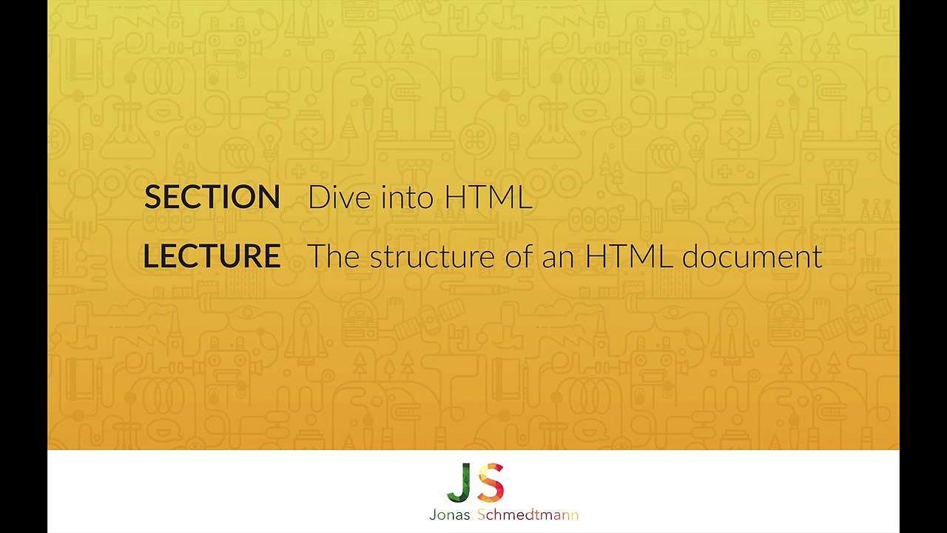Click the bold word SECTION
(x=212, y=197)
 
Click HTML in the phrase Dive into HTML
(x=488, y=197)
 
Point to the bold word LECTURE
(x=212, y=256)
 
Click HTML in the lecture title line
(x=629, y=256)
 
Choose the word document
(x=752, y=256)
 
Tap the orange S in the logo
(x=491, y=482)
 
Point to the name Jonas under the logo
(x=450, y=515)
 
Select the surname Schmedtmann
(x=528, y=515)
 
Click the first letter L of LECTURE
(x=151, y=256)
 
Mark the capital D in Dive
(x=317, y=197)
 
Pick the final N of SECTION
(x=269, y=197)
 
